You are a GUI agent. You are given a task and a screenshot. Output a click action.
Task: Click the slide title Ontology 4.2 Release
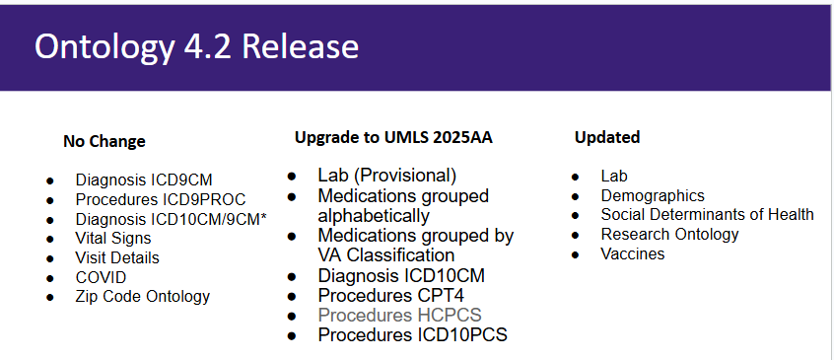point(196,47)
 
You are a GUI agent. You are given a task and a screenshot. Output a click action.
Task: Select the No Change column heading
point(104,141)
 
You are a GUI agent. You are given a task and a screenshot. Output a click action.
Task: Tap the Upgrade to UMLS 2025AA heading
point(393,137)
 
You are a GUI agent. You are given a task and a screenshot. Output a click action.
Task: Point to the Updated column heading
point(607,137)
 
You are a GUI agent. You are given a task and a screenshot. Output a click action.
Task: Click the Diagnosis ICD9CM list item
point(144,180)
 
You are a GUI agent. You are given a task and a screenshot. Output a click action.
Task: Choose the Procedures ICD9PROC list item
point(161,199)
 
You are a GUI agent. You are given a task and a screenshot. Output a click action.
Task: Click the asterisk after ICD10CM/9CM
point(263,216)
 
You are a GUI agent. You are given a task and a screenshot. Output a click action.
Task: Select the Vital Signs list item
point(113,239)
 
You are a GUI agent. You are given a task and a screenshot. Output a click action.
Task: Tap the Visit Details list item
point(117,257)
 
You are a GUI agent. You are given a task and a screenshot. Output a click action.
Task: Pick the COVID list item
point(102,277)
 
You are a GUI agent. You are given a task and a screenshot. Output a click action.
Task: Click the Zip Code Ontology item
point(143,296)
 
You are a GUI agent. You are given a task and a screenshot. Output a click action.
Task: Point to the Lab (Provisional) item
point(387,175)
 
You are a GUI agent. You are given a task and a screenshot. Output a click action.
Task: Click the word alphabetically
point(374,215)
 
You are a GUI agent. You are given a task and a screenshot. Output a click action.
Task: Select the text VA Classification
point(386,255)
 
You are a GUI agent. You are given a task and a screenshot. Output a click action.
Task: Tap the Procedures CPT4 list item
point(391,295)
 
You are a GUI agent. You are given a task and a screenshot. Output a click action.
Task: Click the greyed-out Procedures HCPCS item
point(400,315)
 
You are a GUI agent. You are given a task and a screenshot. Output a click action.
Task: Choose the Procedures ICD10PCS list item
point(413,334)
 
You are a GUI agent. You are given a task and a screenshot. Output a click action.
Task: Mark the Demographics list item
point(653,195)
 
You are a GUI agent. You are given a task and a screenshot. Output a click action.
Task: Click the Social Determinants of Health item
point(708,214)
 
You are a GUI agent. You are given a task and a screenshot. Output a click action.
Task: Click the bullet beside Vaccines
point(576,254)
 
